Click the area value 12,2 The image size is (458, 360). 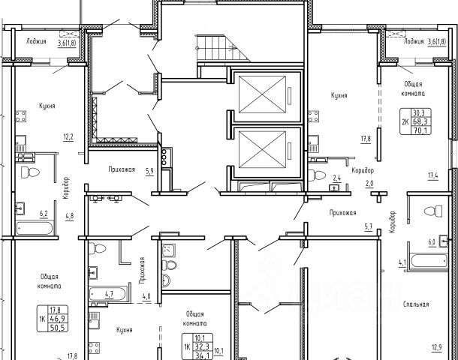point(68,137)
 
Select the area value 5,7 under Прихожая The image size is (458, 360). point(369,227)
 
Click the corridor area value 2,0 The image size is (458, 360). point(369,182)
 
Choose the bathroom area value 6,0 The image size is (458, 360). point(432,243)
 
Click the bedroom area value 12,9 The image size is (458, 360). point(437,346)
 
